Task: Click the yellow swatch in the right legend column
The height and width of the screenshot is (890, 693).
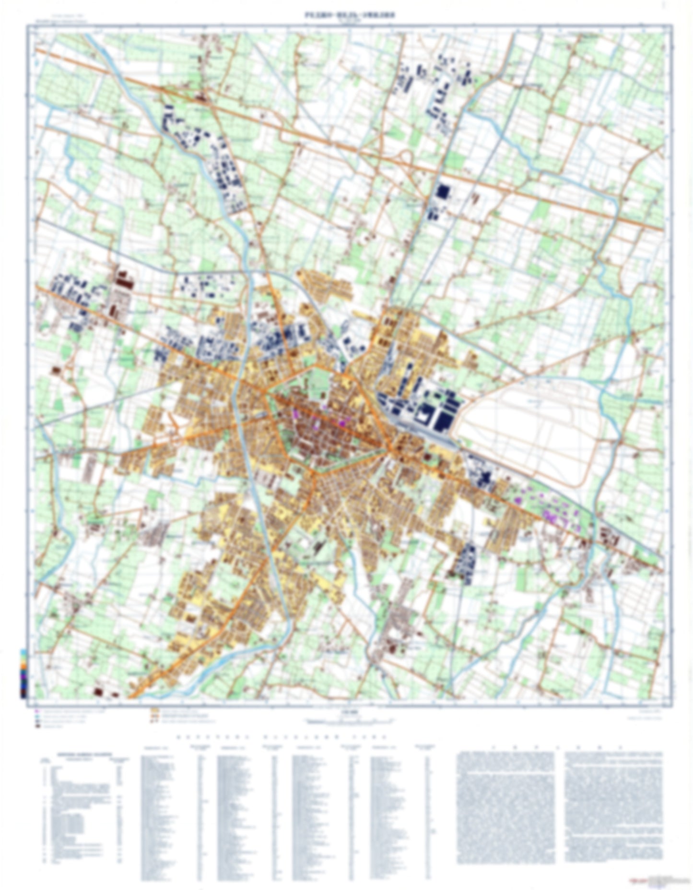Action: click(154, 710)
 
